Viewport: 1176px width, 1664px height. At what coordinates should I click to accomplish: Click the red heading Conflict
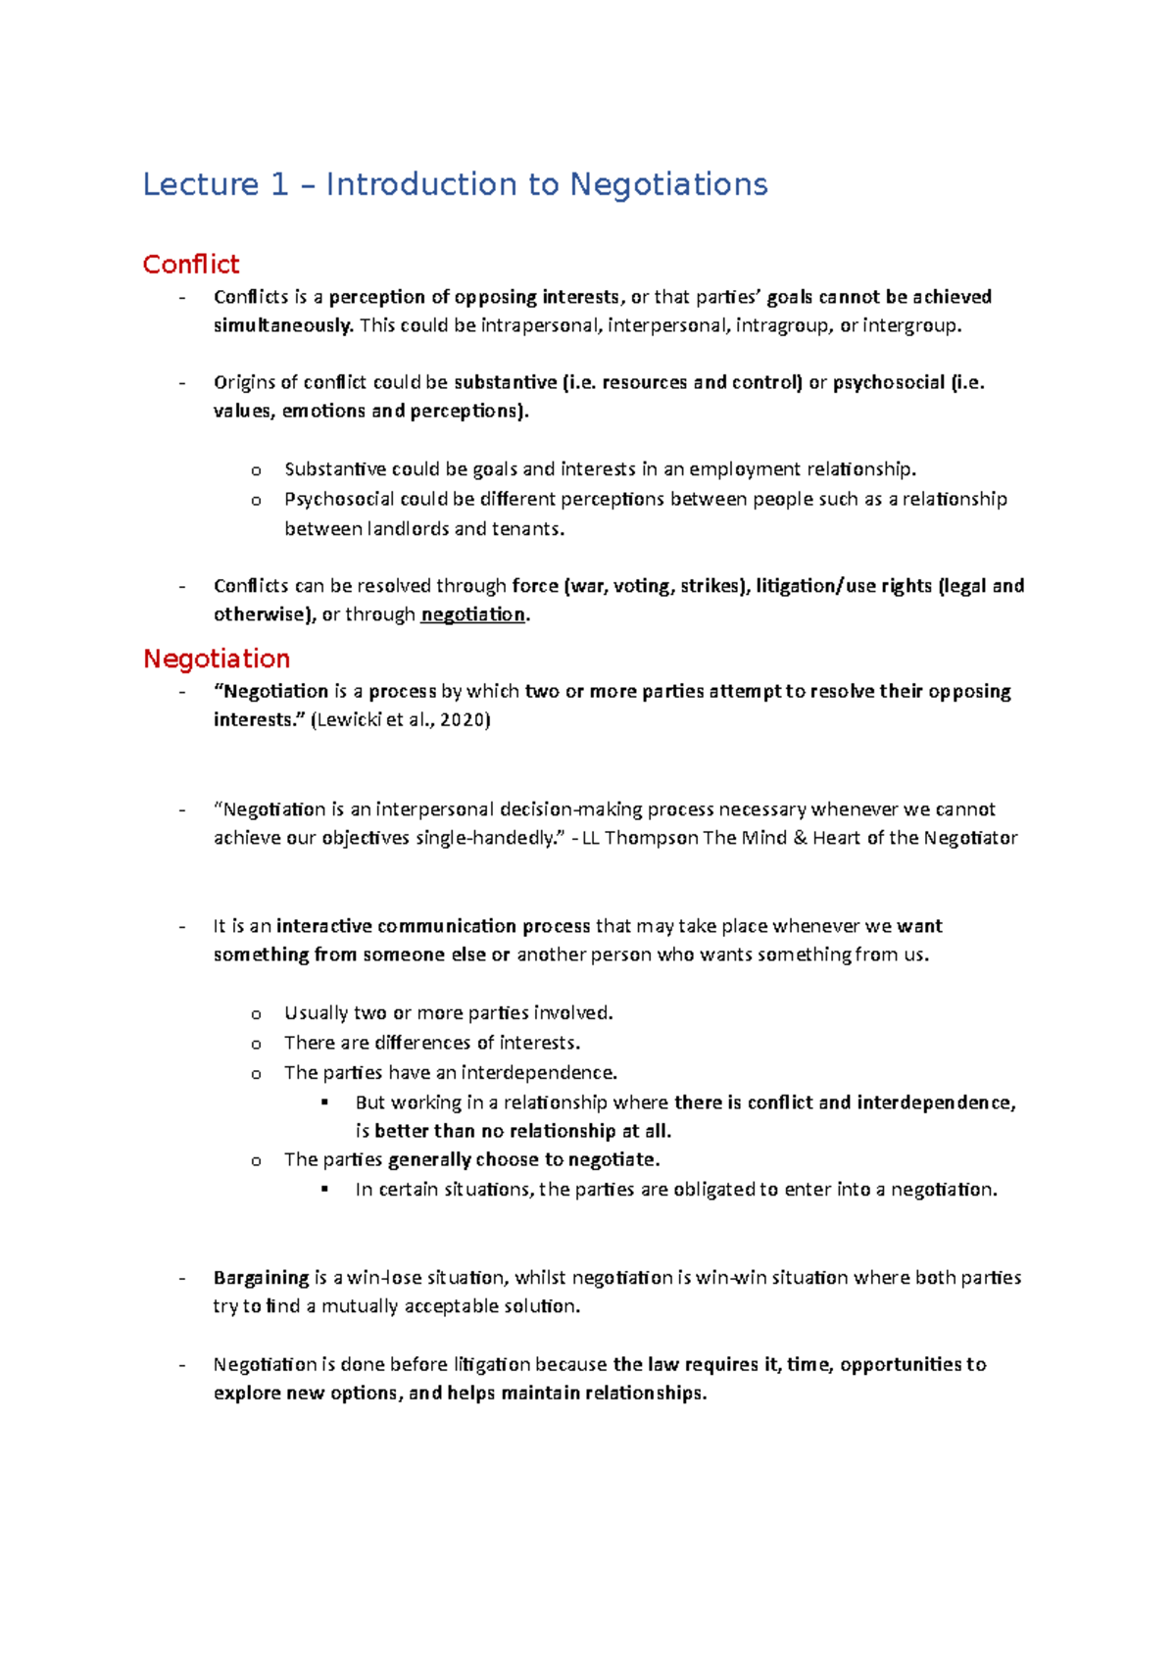point(190,265)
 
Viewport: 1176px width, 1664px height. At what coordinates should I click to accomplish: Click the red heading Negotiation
point(217,659)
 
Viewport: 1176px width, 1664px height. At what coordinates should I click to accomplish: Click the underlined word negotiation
point(472,614)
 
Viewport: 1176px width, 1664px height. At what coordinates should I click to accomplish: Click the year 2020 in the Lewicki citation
point(462,720)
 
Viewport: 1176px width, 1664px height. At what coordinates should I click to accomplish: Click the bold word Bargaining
point(261,1278)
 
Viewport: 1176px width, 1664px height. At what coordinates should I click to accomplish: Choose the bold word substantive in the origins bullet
point(505,382)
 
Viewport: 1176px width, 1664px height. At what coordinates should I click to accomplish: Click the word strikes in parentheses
point(712,586)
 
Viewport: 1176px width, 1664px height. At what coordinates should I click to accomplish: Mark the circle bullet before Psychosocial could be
point(256,501)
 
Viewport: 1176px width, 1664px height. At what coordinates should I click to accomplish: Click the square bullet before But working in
point(325,1102)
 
